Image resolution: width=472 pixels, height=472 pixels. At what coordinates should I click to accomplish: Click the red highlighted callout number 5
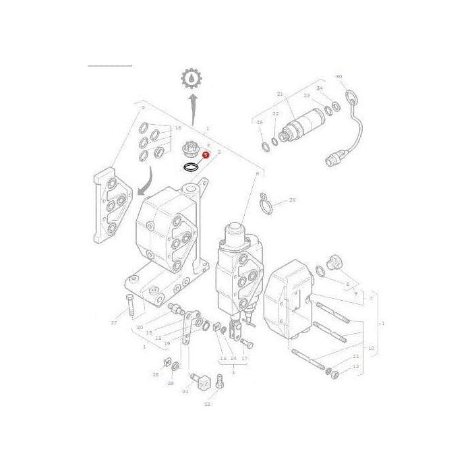(206, 154)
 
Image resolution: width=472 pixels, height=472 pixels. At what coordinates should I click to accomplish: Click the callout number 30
(338, 76)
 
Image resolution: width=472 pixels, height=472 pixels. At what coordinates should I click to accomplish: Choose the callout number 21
(280, 93)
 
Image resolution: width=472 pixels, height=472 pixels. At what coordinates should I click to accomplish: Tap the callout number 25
(260, 122)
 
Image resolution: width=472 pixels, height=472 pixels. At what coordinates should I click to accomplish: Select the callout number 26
(292, 200)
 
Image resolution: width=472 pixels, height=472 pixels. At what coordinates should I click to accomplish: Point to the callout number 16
(178, 127)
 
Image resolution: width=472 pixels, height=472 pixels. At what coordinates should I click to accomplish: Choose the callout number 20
(140, 327)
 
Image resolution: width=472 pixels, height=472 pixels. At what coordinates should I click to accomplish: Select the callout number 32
(207, 404)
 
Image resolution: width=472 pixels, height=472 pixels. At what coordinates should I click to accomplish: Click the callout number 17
(244, 358)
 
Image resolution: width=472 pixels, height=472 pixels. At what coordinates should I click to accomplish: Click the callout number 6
(257, 173)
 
